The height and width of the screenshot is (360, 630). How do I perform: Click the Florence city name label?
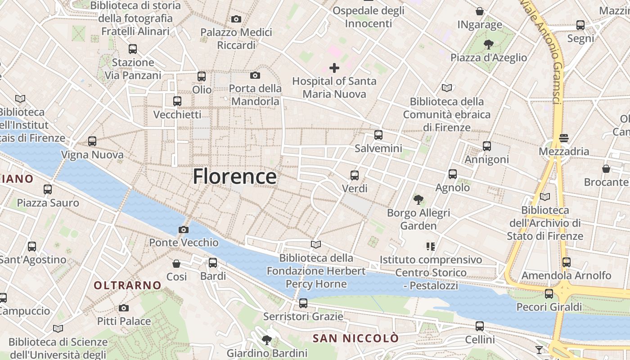(x=234, y=176)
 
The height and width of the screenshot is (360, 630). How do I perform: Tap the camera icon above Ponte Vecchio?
(x=183, y=229)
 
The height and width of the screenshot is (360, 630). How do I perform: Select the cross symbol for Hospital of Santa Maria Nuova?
(x=334, y=68)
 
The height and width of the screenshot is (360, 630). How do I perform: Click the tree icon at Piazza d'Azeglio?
(x=488, y=44)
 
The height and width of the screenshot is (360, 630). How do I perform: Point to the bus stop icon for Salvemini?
(x=378, y=135)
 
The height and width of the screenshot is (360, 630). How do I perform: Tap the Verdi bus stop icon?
(x=355, y=175)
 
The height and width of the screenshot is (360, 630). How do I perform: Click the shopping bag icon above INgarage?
(x=480, y=11)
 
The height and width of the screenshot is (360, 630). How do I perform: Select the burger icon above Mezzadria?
(x=564, y=138)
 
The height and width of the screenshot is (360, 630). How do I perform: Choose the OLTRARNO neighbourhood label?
(x=127, y=285)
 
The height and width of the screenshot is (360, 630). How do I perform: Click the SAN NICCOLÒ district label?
(x=355, y=338)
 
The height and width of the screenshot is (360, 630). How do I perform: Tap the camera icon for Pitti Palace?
(x=124, y=308)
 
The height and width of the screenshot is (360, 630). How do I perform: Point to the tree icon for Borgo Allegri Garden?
(x=418, y=199)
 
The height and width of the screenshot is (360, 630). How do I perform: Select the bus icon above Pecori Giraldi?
(x=549, y=294)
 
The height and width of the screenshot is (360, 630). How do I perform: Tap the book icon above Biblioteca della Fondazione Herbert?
(x=316, y=245)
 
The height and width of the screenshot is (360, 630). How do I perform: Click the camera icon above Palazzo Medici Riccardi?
(x=236, y=19)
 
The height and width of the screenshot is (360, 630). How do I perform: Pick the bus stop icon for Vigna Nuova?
(x=92, y=141)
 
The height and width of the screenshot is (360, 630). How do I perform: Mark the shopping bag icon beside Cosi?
(x=176, y=263)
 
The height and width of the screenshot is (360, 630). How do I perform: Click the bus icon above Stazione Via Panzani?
(x=132, y=49)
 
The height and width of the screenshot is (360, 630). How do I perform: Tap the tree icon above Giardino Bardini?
(x=267, y=340)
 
